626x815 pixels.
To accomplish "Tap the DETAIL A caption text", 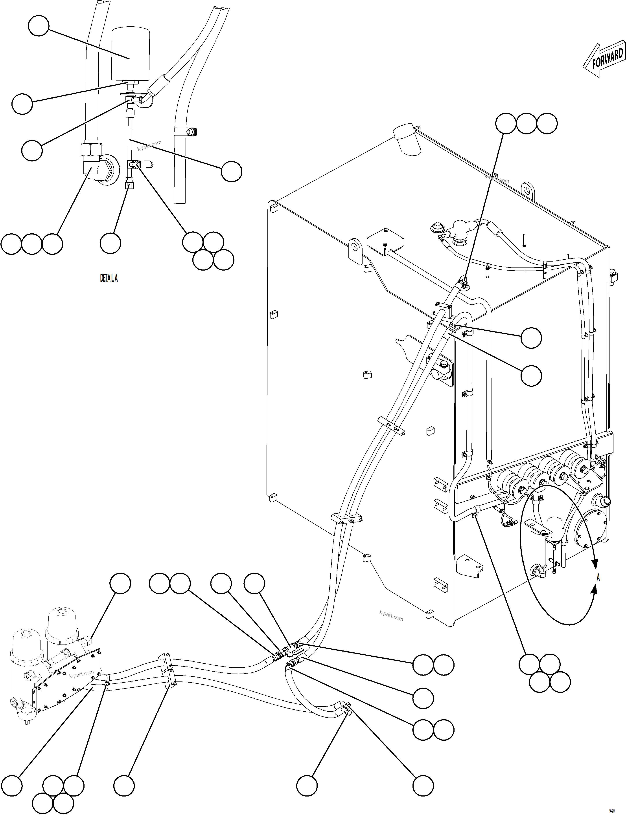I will (x=109, y=278).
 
